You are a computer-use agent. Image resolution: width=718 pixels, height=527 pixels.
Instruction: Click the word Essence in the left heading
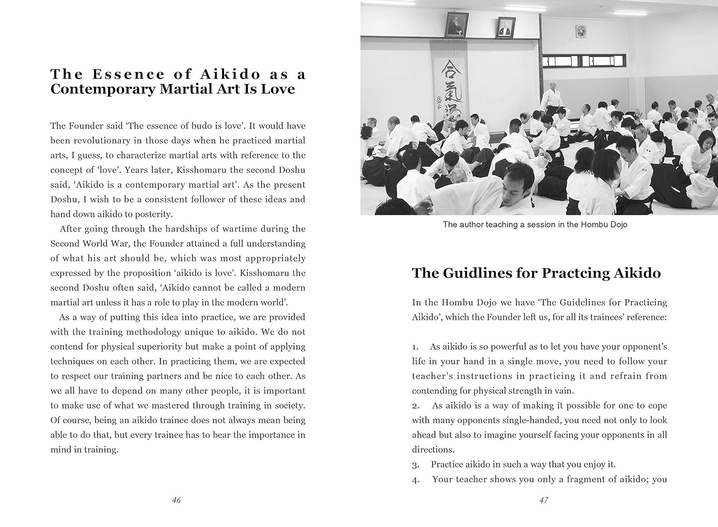coord(121,74)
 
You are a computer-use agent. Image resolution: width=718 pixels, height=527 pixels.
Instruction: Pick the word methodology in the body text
coord(152,332)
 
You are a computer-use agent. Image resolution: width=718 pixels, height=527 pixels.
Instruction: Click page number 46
coord(176,500)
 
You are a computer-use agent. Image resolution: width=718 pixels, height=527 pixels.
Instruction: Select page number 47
coord(544,500)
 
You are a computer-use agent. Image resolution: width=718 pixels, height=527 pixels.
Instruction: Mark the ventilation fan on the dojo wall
coord(582,31)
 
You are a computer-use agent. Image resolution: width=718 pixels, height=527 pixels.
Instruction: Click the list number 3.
coord(415,465)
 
